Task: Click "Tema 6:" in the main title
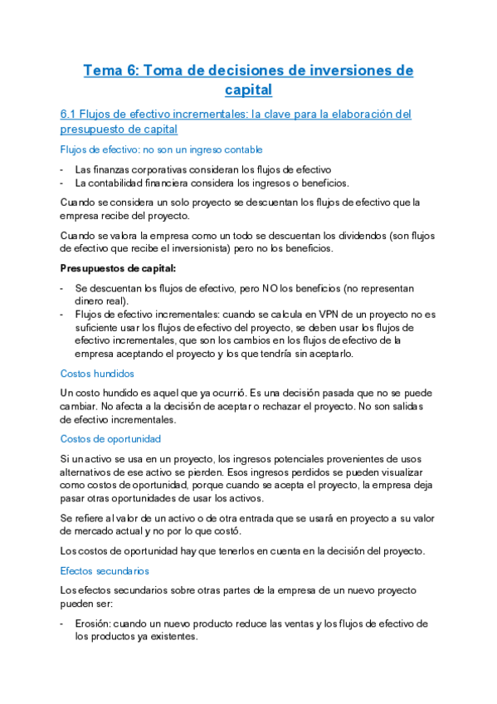click(111, 71)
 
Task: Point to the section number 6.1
click(70, 115)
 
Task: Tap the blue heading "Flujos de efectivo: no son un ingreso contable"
click(161, 149)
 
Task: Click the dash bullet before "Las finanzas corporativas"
click(62, 169)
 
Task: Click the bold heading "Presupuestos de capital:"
click(118, 269)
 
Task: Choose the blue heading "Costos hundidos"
click(97, 374)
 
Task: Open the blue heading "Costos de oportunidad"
click(110, 439)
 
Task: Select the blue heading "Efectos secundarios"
click(105, 570)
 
